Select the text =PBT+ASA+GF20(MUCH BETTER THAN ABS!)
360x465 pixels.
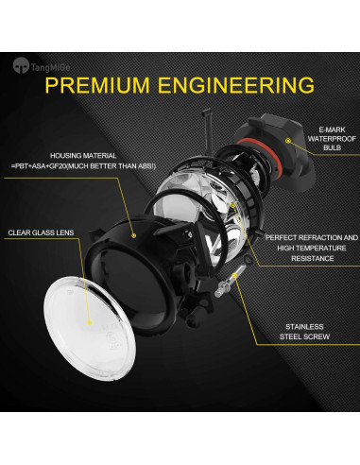[92, 167]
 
